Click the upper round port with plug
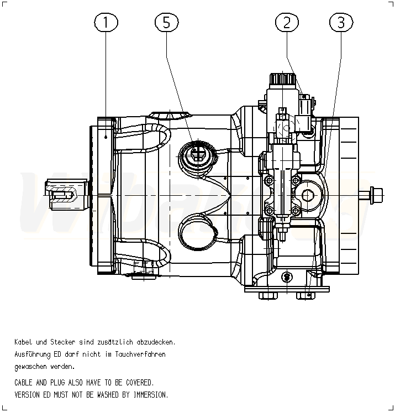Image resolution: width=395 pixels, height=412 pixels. point(197,153)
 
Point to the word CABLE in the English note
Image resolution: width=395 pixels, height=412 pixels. point(25,383)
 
